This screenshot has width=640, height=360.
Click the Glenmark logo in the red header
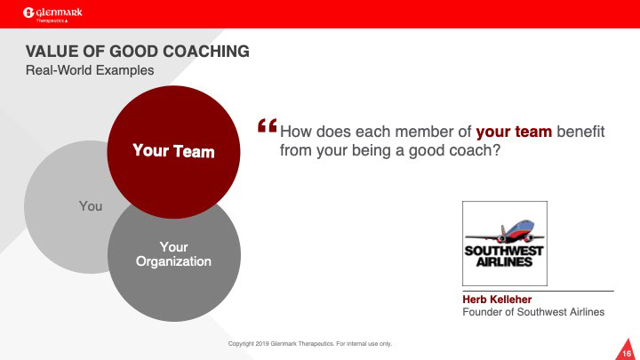(x=52, y=14)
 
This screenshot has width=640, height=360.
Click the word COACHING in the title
(x=206, y=52)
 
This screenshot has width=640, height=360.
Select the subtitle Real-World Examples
(x=90, y=70)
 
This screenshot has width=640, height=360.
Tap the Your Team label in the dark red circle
(x=173, y=151)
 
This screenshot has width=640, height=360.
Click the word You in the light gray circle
(x=91, y=206)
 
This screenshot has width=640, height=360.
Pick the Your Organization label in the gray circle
(x=173, y=254)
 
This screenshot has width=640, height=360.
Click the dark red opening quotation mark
(x=268, y=125)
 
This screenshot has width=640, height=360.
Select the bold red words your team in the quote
(x=514, y=132)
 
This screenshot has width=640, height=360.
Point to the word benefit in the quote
(x=580, y=132)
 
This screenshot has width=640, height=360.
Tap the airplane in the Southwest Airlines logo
(x=505, y=232)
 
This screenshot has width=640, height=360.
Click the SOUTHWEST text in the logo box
(x=504, y=251)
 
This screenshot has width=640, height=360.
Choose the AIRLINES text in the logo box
(x=505, y=261)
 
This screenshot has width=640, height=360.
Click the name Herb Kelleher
(x=497, y=300)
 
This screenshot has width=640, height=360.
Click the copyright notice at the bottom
(x=310, y=344)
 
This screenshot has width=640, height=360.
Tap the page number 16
(x=627, y=353)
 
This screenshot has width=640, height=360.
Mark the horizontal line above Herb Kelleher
(x=538, y=291)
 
